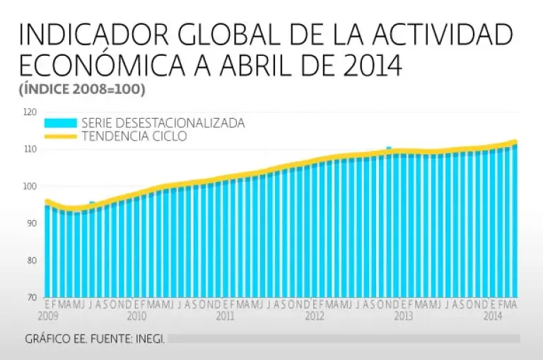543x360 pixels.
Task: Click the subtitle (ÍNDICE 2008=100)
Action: pyautogui.click(x=82, y=90)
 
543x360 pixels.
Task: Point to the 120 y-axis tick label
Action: pyautogui.click(x=29, y=112)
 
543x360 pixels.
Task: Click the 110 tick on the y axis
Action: pyautogui.click(x=29, y=149)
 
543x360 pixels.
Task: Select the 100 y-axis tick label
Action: pyautogui.click(x=29, y=186)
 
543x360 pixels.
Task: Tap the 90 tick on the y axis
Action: pyautogui.click(x=30, y=223)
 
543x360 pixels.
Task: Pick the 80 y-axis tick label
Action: pyautogui.click(x=30, y=260)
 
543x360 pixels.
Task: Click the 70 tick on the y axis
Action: pyautogui.click(x=30, y=297)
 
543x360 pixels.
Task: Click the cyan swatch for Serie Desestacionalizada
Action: pyautogui.click(x=60, y=123)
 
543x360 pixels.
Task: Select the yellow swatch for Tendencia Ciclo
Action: pyautogui.click(x=60, y=137)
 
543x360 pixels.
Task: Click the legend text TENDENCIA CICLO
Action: pyautogui.click(x=134, y=137)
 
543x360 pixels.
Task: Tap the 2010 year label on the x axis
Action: pyautogui.click(x=136, y=316)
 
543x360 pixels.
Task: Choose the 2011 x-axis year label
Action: pyautogui.click(x=226, y=316)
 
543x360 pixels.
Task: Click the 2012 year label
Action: pyautogui.click(x=315, y=316)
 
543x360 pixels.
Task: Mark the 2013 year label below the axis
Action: pyautogui.click(x=403, y=316)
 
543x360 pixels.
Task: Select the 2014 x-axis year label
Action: pyautogui.click(x=493, y=316)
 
